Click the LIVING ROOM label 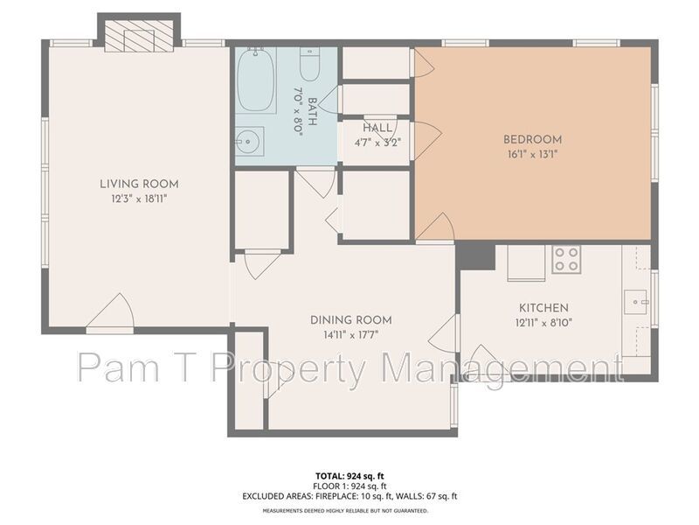click(139, 184)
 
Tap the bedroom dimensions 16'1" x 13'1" click(532, 154)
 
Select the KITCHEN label click(543, 308)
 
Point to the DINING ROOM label click(350, 320)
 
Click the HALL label click(377, 129)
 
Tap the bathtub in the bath click(256, 80)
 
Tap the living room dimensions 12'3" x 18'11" click(139, 199)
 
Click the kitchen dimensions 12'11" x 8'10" click(543, 322)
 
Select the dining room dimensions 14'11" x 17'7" click(350, 334)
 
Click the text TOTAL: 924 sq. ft click(349, 476)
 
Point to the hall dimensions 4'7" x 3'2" click(377, 142)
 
